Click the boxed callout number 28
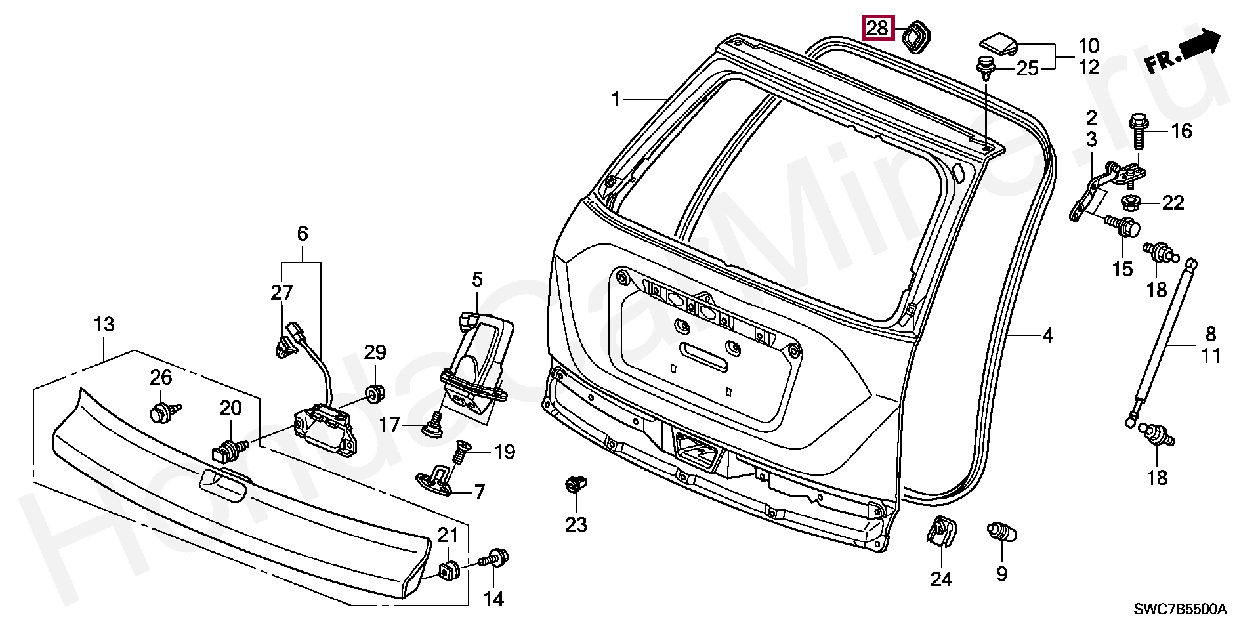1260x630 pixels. tap(877, 28)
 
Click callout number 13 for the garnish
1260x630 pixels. tap(104, 324)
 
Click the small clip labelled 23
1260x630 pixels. tap(576, 486)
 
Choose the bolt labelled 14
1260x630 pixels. tap(496, 559)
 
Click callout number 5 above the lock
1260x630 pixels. tap(477, 280)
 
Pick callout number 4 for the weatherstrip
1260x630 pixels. tap(1047, 336)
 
